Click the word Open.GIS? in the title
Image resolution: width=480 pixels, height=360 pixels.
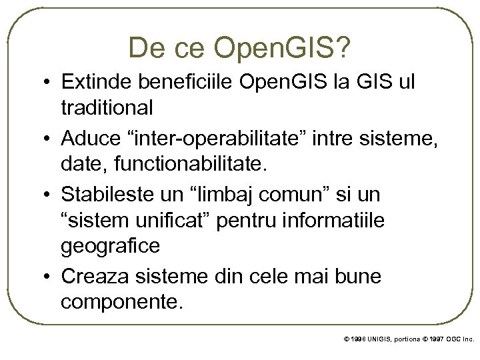click(x=284, y=47)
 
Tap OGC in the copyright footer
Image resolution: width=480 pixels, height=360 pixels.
click(x=449, y=339)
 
